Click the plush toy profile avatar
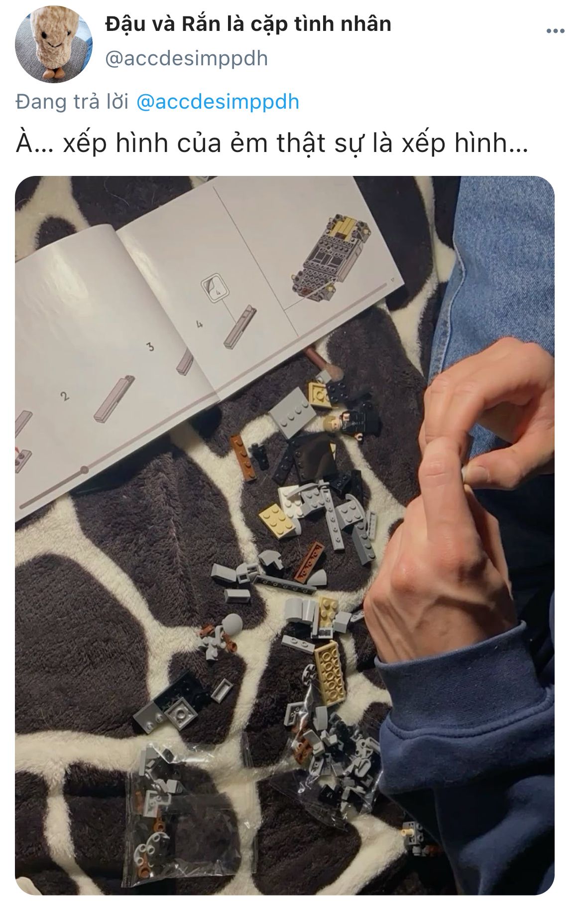pos(54,44)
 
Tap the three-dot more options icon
pos(555,31)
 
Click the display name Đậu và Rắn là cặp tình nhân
pos(248,24)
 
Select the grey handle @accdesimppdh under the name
pos(187,59)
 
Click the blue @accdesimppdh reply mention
pos(218,102)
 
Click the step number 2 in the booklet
pos(64,396)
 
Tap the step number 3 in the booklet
pos(150,346)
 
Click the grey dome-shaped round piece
pos(232,623)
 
